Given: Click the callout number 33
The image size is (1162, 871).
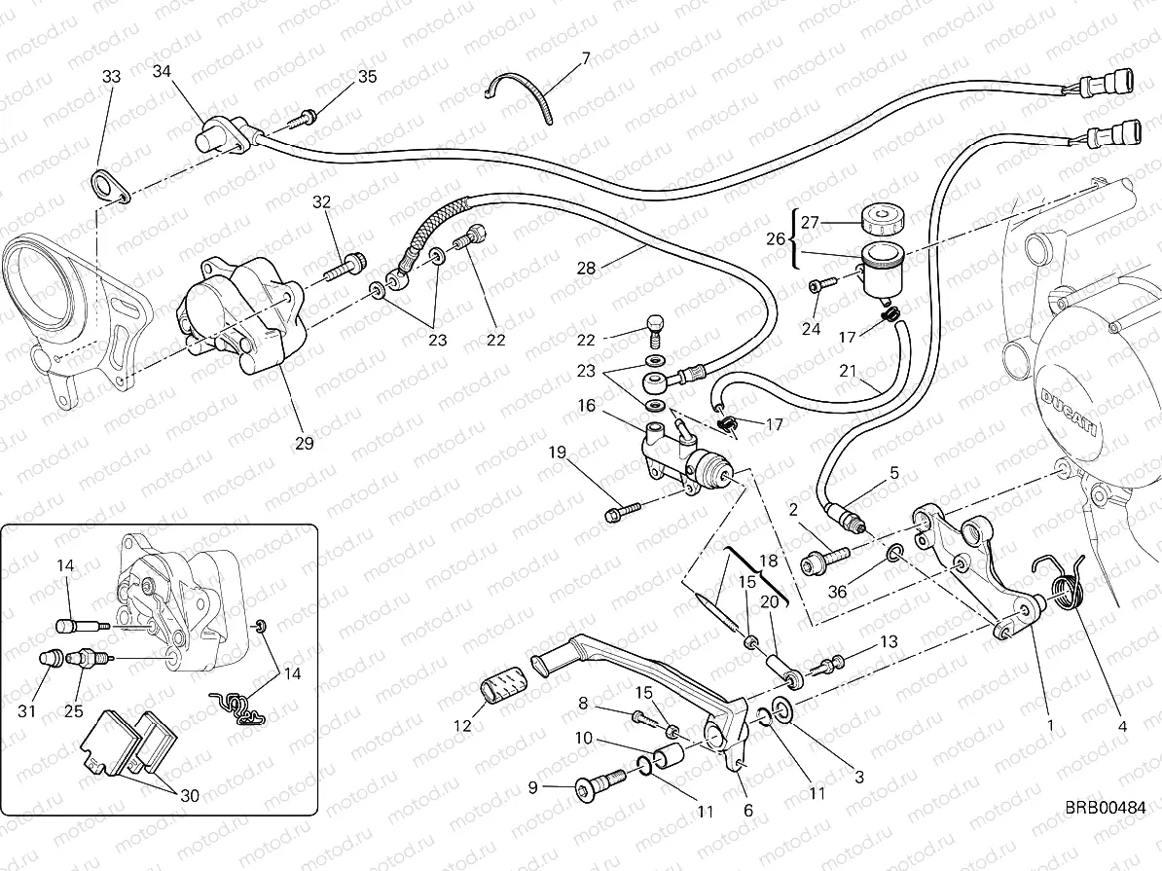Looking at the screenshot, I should point(111,76).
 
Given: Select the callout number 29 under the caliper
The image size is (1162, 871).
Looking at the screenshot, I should point(304,443).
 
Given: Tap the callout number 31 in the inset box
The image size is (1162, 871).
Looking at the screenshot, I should point(27,711).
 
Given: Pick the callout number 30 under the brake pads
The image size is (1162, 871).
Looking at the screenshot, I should point(189,795).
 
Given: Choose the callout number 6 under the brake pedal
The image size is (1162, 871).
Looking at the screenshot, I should point(747,809).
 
